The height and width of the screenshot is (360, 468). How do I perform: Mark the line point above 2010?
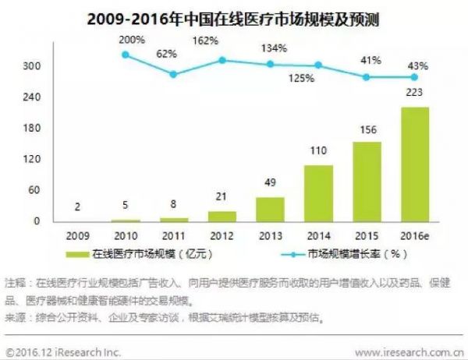pos(126,54)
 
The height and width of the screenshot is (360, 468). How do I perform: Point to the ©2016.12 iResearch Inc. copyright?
pos(64,351)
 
